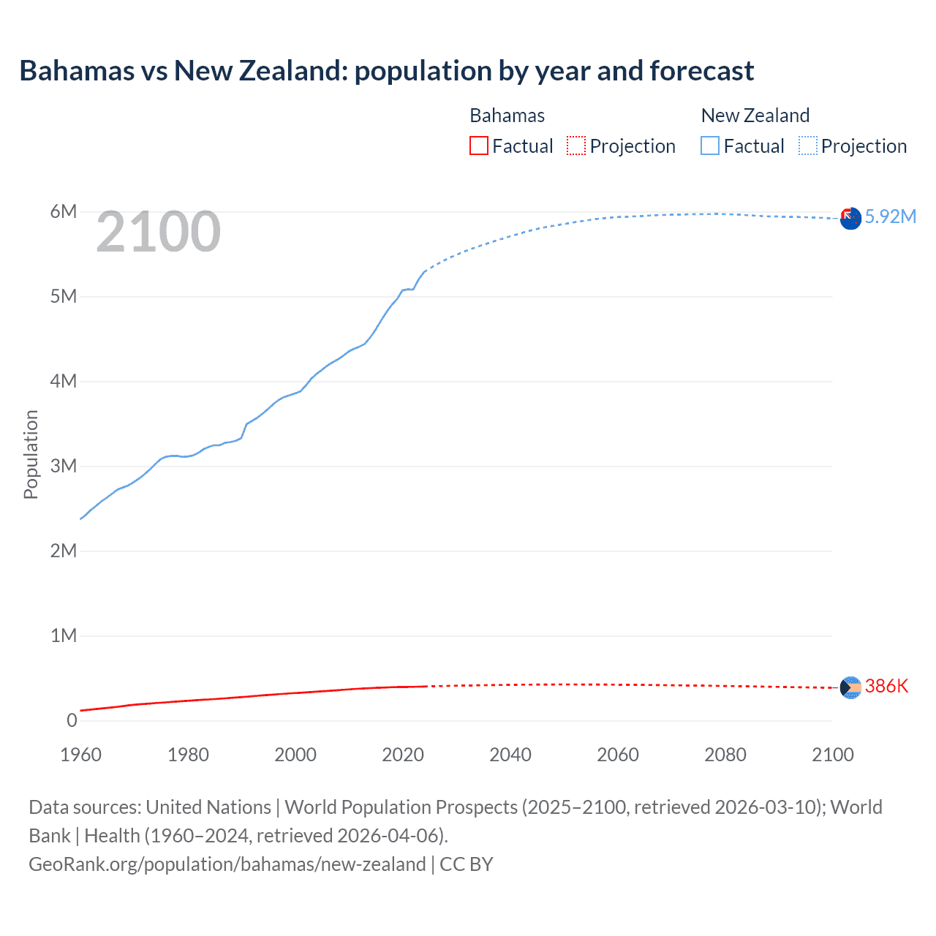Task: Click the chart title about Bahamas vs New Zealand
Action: pyautogui.click(x=386, y=71)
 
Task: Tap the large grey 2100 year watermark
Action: pyautogui.click(x=158, y=232)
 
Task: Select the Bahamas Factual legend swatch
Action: pyautogui.click(x=478, y=146)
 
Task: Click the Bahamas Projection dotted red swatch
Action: pyautogui.click(x=576, y=146)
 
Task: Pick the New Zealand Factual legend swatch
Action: pyautogui.click(x=709, y=146)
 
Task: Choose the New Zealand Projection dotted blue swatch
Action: pyautogui.click(x=807, y=146)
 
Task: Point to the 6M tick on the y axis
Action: pyautogui.click(x=63, y=212)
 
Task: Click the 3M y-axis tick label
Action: pyautogui.click(x=63, y=467)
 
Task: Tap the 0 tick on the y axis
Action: pyautogui.click(x=72, y=721)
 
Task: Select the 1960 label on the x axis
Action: pyautogui.click(x=80, y=755)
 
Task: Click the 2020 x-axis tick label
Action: pyautogui.click(x=403, y=755)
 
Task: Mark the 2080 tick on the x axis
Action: pyautogui.click(x=725, y=755)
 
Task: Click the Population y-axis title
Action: pyautogui.click(x=31, y=454)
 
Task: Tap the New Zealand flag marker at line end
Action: pyautogui.click(x=850, y=219)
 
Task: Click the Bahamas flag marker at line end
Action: pyautogui.click(x=850, y=687)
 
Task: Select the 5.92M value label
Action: pyautogui.click(x=890, y=216)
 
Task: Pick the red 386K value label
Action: pyautogui.click(x=886, y=686)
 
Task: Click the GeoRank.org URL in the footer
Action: pyautogui.click(x=227, y=864)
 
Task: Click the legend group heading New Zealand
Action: pyautogui.click(x=755, y=116)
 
